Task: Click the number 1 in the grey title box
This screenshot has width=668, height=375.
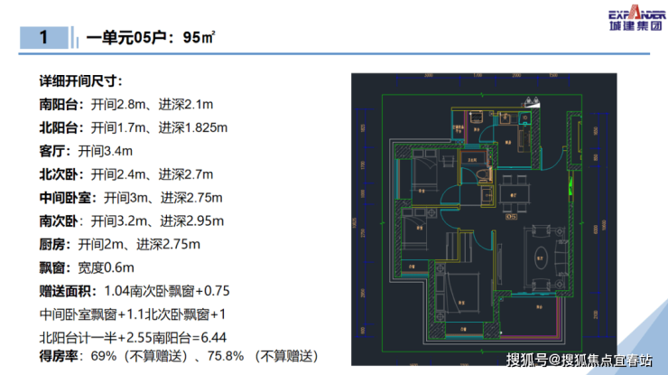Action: [43, 38]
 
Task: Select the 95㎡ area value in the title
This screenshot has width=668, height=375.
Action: [198, 38]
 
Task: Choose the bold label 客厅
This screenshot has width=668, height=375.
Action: [52, 150]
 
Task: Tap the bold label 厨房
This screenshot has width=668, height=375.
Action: [52, 244]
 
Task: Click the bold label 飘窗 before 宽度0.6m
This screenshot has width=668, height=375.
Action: [52, 267]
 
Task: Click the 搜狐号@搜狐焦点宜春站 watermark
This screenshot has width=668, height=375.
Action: [579, 361]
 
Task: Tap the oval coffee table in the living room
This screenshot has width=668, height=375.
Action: [544, 256]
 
